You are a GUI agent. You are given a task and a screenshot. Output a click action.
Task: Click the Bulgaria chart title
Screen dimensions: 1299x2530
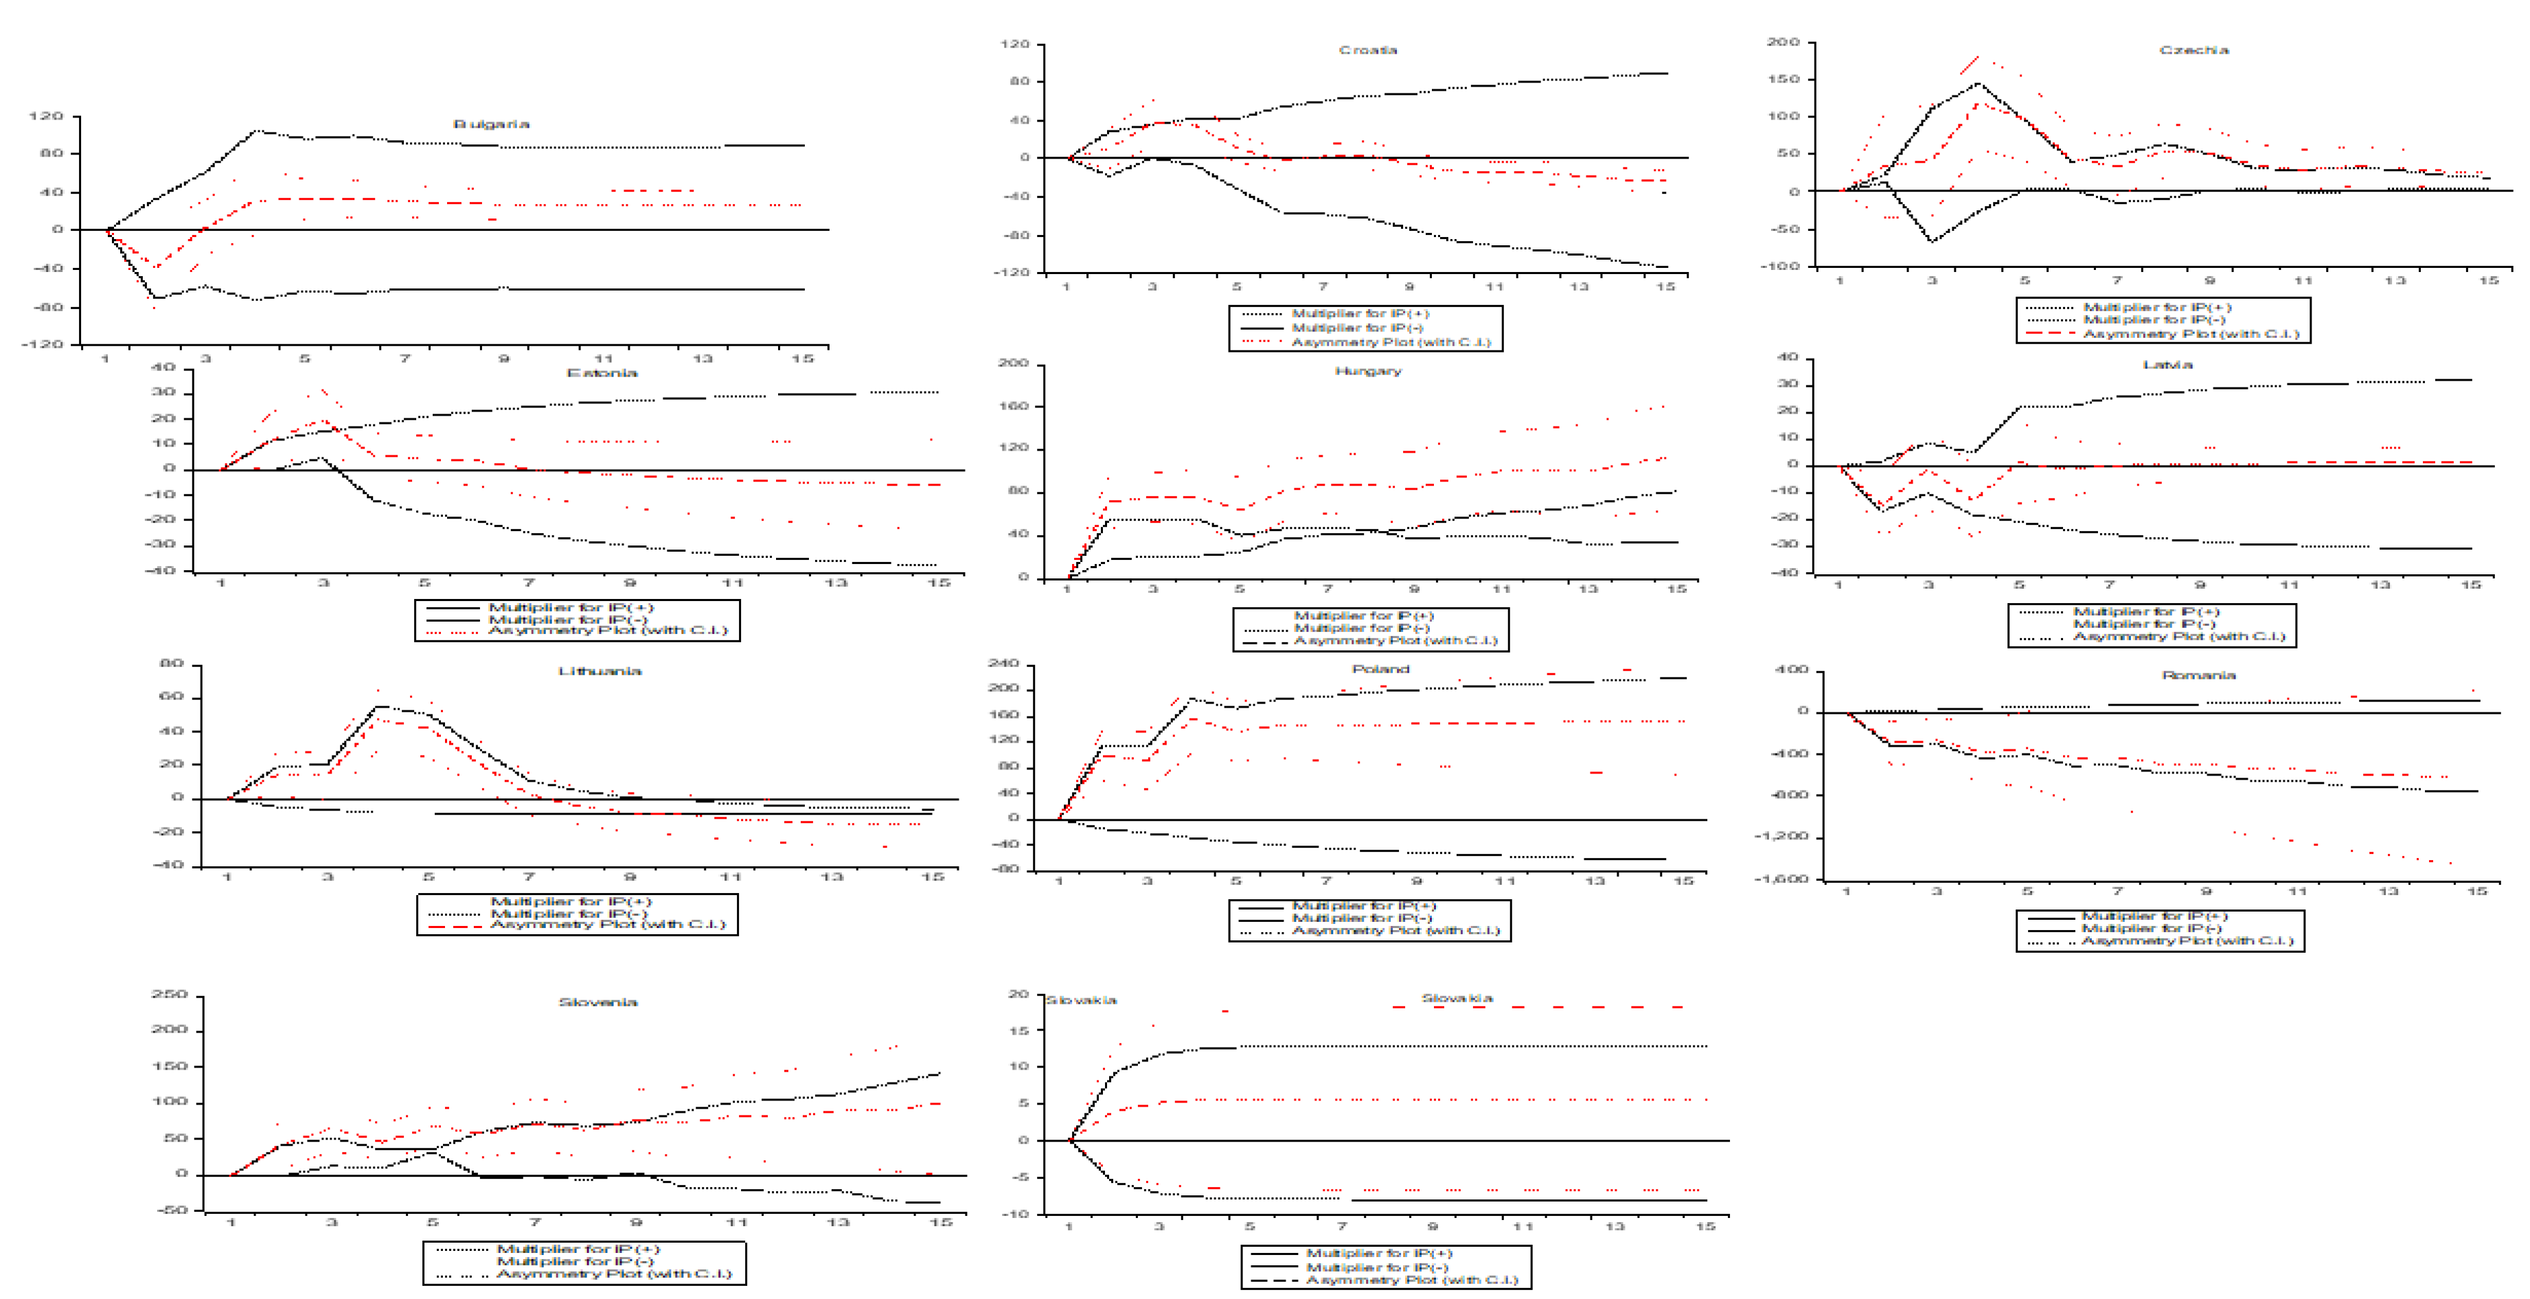pyautogui.click(x=491, y=124)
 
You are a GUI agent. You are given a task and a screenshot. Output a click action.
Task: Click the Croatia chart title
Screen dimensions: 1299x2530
pyautogui.click(x=1367, y=49)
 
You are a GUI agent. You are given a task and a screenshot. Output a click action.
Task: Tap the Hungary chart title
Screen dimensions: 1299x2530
pyautogui.click(x=1367, y=370)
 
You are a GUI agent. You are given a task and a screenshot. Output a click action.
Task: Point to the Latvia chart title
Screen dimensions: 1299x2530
pyautogui.click(x=2167, y=365)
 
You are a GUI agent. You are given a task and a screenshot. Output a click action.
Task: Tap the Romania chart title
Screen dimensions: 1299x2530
pyautogui.click(x=2198, y=675)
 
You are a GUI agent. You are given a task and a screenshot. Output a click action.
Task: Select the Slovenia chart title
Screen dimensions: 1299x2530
pyautogui.click(x=597, y=1002)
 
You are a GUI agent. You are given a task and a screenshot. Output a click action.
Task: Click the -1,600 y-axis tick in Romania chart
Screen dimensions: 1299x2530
pyautogui.click(x=1781, y=879)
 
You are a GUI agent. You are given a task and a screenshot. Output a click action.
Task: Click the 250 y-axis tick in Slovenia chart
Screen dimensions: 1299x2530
pyautogui.click(x=169, y=995)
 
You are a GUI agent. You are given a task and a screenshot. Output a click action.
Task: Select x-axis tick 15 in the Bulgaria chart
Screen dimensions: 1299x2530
pyautogui.click(x=802, y=359)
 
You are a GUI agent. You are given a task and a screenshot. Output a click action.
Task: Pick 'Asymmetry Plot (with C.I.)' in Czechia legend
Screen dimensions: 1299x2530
pyautogui.click(x=2190, y=334)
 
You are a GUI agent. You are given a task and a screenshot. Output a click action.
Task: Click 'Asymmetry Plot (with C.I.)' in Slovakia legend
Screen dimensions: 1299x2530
pyautogui.click(x=1411, y=1279)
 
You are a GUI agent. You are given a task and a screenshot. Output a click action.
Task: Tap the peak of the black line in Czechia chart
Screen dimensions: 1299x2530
pyautogui.click(x=1978, y=82)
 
